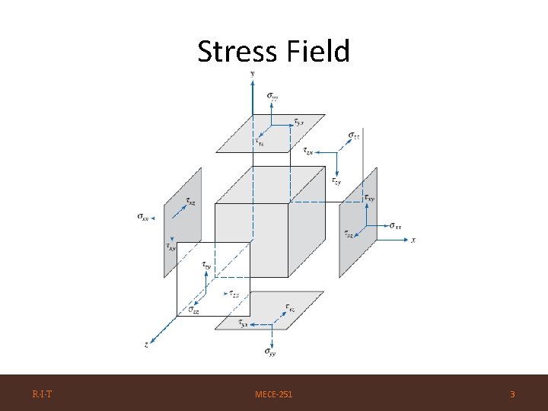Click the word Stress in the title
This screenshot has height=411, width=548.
235,52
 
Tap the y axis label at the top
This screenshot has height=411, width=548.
252,73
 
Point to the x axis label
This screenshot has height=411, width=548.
413,241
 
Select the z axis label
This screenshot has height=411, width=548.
146,345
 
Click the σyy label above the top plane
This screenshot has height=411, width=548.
272,96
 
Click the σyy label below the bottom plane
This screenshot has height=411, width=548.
270,352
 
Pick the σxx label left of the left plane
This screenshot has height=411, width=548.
143,217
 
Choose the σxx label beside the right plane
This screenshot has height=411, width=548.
396,225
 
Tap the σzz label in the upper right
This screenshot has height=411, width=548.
354,136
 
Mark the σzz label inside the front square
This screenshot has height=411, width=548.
194,311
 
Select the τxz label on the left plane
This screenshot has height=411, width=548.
190,202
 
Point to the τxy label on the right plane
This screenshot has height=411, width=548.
369,198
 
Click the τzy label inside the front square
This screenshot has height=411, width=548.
207,266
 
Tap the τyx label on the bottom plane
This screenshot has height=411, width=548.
243,323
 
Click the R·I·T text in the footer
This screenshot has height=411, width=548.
42,393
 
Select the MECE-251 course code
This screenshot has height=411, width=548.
273,394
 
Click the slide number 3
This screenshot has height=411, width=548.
512,394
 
